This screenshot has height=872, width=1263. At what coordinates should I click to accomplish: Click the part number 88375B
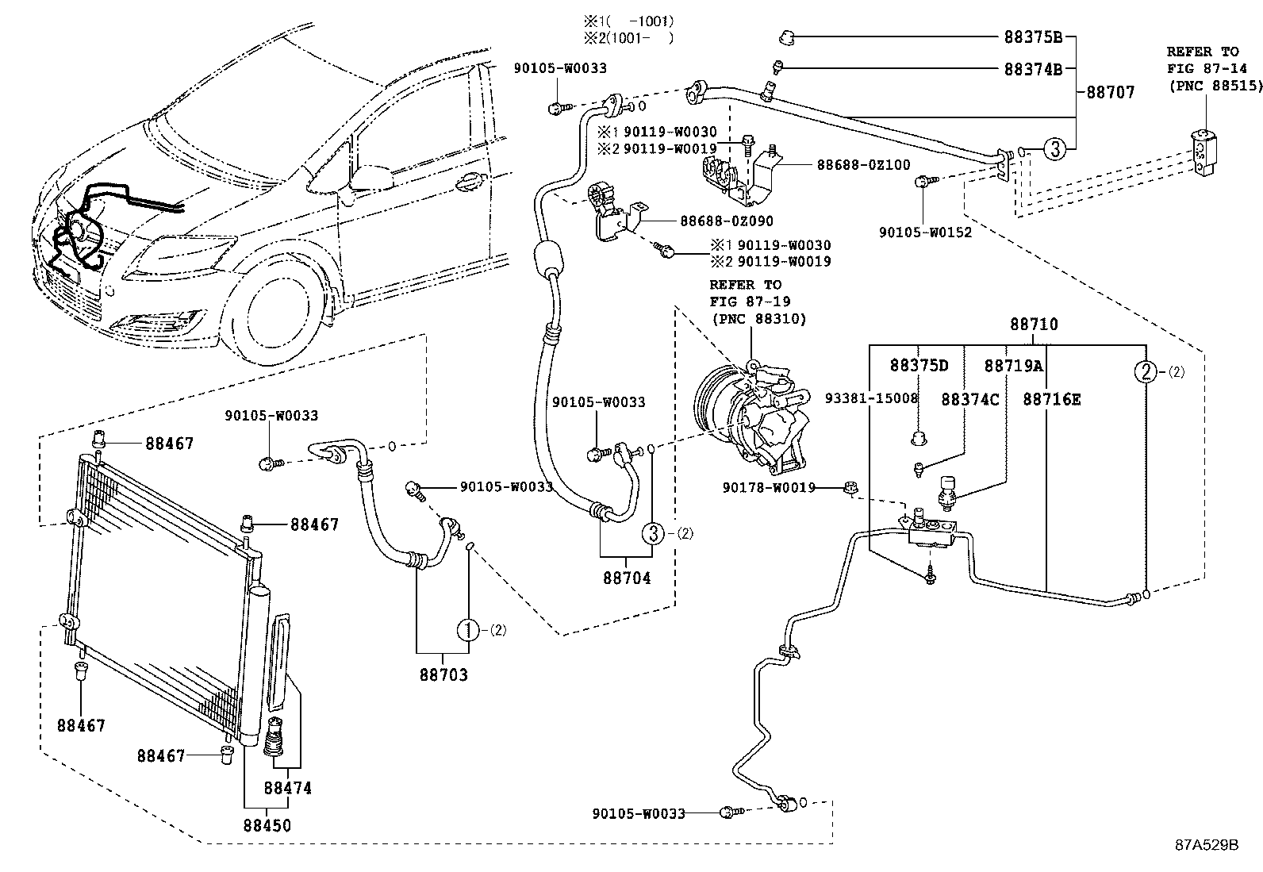(1033, 37)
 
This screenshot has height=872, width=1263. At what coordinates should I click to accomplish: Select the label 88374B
(1033, 69)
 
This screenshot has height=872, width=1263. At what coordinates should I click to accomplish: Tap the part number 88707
(1110, 93)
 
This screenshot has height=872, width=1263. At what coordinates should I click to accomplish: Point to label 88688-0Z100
(864, 165)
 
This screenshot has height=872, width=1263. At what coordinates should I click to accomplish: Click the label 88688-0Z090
(726, 221)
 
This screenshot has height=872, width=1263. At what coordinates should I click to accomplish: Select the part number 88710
(1033, 325)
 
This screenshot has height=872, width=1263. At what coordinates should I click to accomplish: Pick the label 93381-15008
(870, 398)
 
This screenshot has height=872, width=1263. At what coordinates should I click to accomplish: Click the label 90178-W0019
(769, 487)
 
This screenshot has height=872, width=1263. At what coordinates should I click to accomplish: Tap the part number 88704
(626, 578)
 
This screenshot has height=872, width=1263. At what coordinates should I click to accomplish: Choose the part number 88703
(443, 675)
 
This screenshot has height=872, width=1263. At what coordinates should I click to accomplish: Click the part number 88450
(267, 825)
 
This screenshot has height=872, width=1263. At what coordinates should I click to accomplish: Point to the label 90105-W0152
(925, 232)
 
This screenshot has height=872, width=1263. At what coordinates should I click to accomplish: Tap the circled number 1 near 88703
(469, 631)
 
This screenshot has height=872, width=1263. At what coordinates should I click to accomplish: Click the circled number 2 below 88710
(1146, 371)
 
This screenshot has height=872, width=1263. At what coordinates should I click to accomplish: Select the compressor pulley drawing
(718, 409)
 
